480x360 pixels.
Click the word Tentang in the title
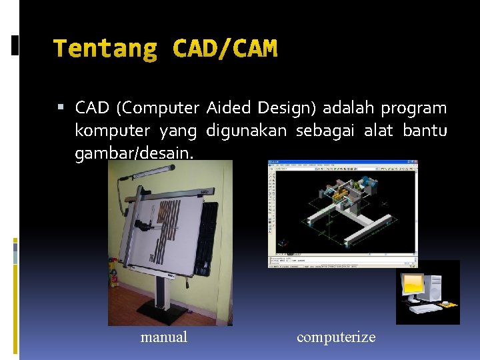[105, 48]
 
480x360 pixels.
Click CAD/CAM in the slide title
[225, 48]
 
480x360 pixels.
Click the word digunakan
[247, 131]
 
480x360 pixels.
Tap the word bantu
[425, 130]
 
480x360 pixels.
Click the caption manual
[164, 337]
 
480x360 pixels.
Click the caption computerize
[336, 337]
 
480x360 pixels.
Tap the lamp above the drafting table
[137, 175]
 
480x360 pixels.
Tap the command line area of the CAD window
[342, 260]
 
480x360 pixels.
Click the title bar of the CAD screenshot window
[342, 162]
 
